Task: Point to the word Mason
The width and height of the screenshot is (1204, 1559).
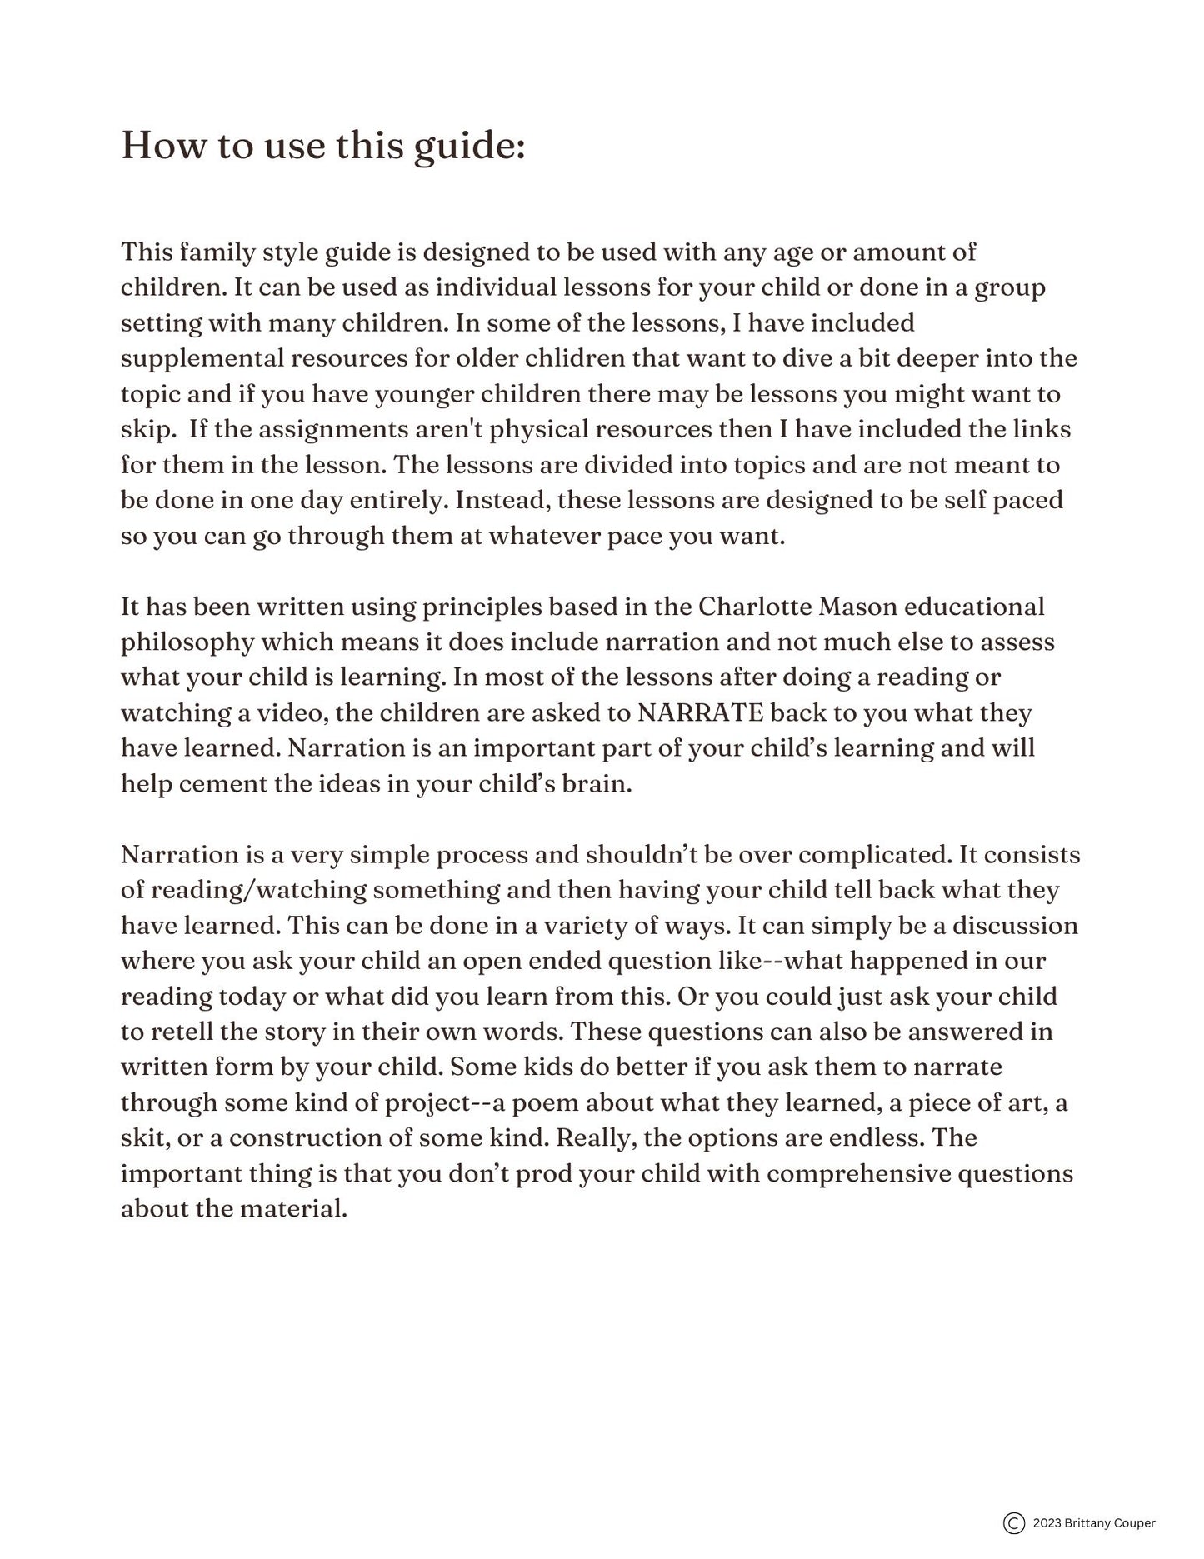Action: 857,607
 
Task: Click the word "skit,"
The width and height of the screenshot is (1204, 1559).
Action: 145,1138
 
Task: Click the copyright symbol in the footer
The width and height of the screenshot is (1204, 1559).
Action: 1013,1523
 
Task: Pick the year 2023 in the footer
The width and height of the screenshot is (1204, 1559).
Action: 1047,1523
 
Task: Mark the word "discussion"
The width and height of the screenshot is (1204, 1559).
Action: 1015,926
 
